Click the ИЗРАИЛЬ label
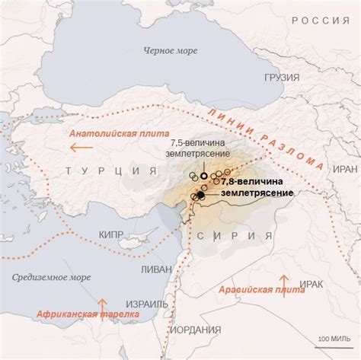145,304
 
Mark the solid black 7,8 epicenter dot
200,196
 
